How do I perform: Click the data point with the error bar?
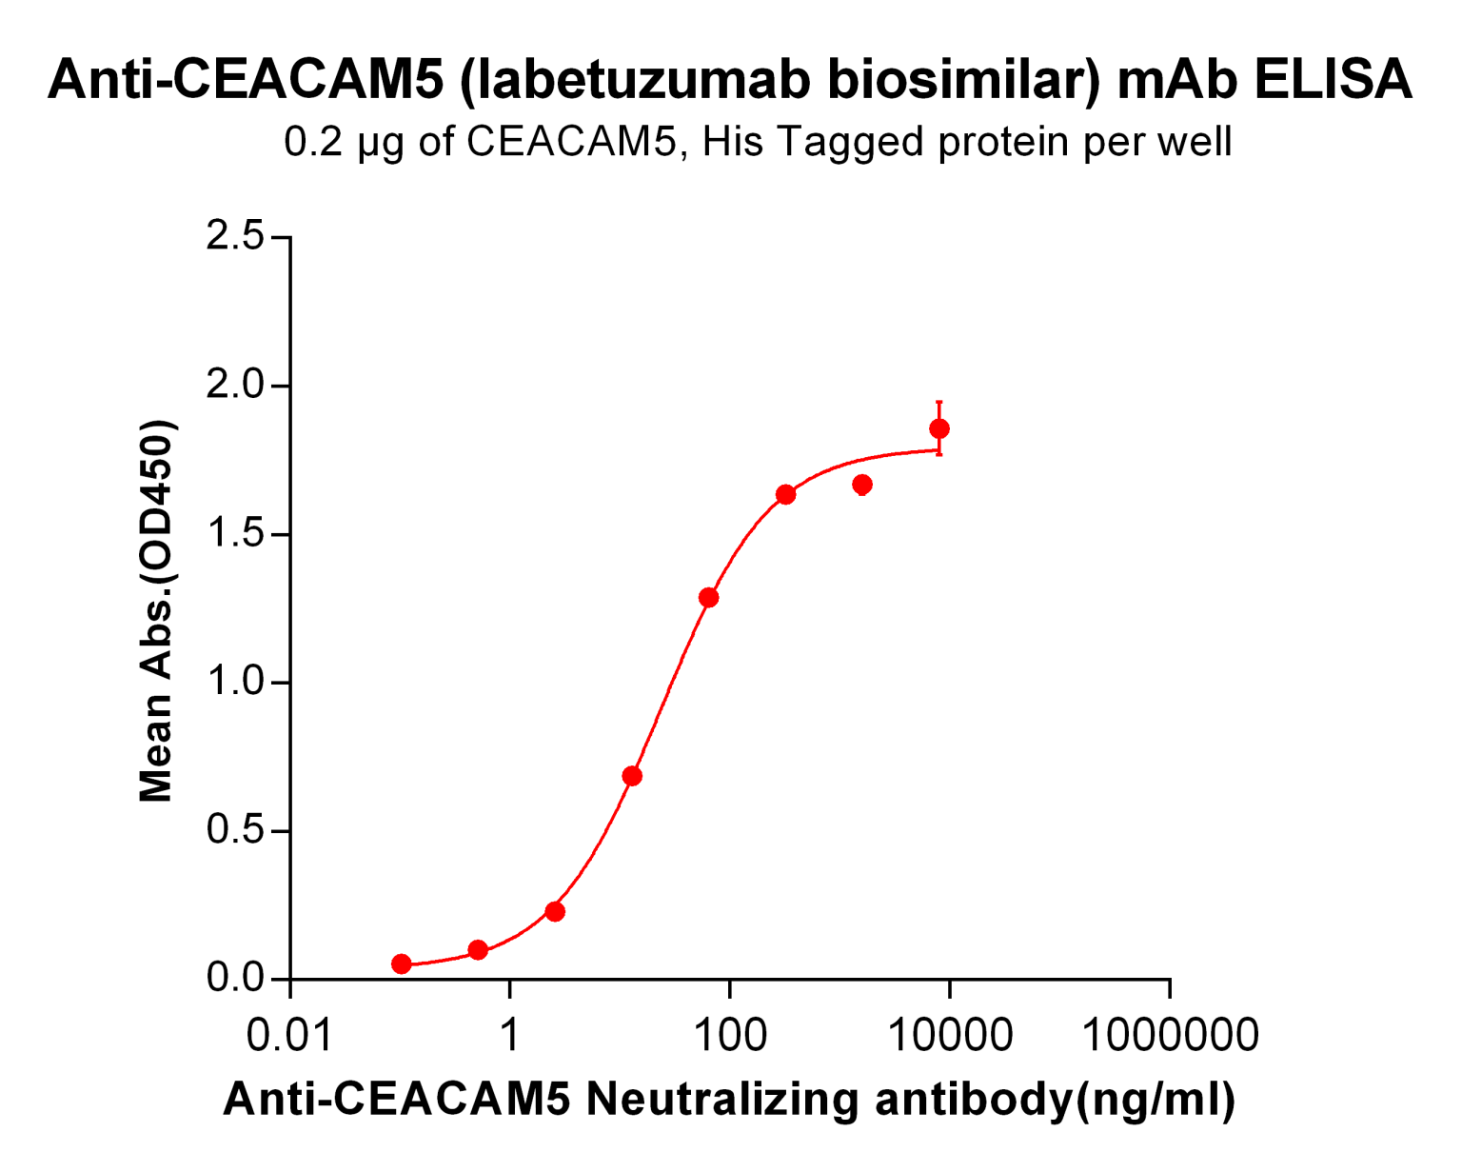[939, 429]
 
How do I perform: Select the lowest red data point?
[402, 964]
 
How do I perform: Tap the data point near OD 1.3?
[708, 598]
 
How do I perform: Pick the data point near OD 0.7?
[632, 776]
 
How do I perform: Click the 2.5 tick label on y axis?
[235, 236]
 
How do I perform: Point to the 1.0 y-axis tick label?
[235, 682]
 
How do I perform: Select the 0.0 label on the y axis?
[235, 979]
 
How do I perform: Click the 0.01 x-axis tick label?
[289, 1035]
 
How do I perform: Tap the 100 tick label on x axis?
[729, 1035]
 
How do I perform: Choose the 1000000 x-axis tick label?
[1170, 1035]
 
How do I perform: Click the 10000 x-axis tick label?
[949, 1035]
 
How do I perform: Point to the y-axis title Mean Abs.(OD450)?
[157, 609]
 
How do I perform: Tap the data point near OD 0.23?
[555, 912]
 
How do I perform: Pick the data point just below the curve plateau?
[862, 486]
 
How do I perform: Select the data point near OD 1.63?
[785, 495]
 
